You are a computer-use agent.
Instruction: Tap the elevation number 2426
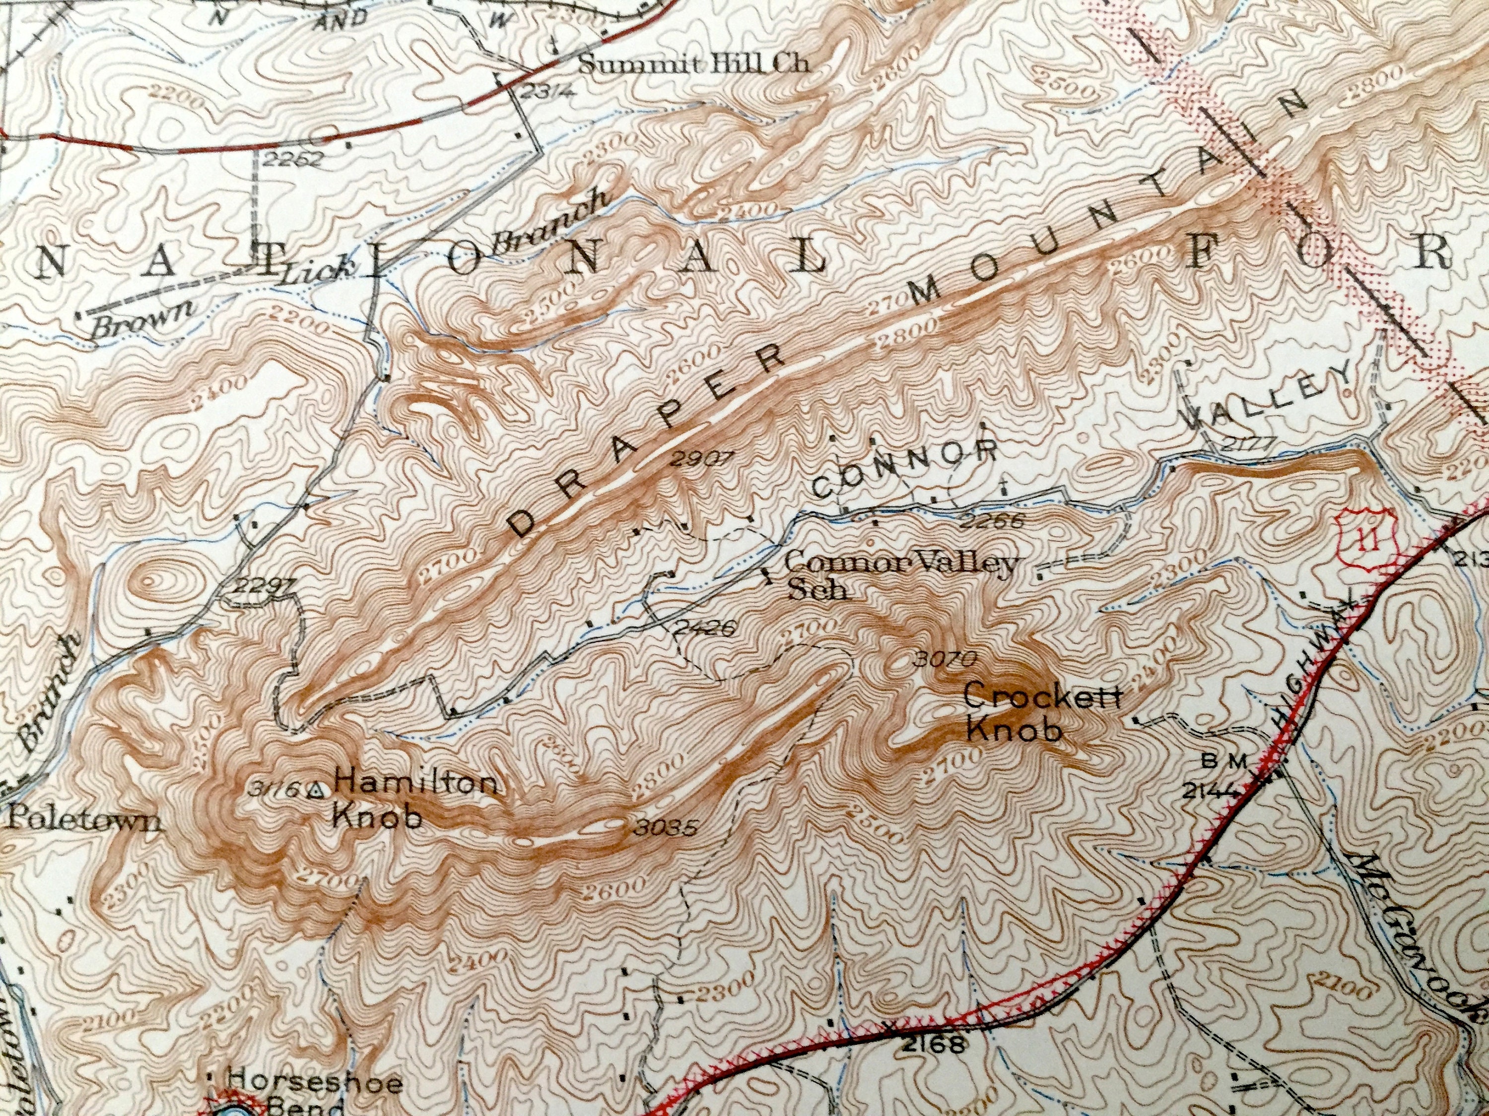pos(701,627)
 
